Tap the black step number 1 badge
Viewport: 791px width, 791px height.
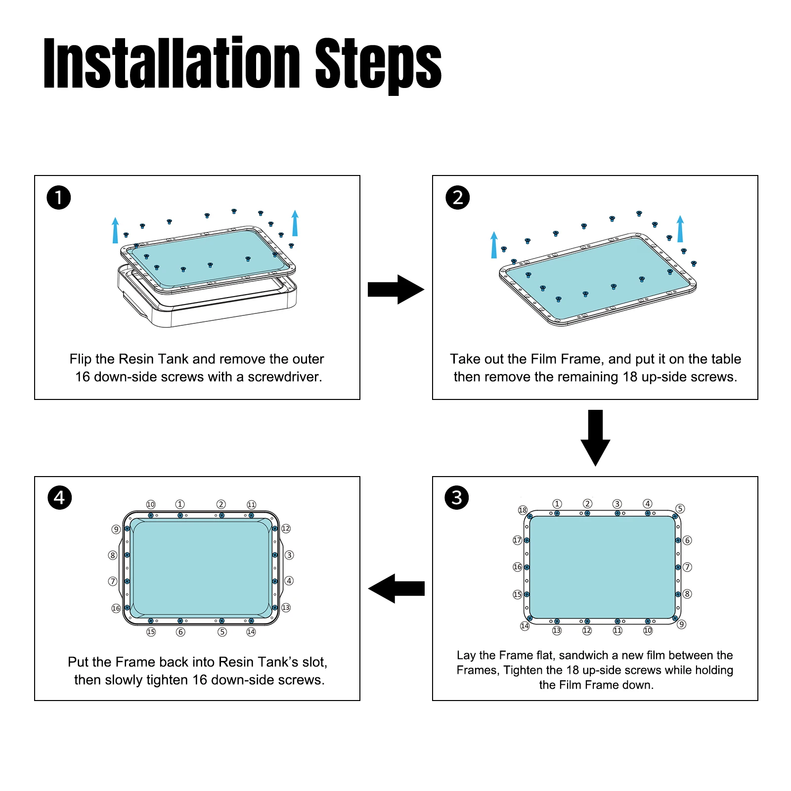click(59, 198)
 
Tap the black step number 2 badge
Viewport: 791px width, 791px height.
click(457, 198)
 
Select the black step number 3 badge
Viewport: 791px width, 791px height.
click(457, 497)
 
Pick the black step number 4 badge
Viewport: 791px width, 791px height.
click(59, 497)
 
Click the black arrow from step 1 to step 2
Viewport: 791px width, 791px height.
click(396, 289)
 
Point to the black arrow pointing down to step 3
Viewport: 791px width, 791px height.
click(595, 438)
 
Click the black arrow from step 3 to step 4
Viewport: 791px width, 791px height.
click(396, 588)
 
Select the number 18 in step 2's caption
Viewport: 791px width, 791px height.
click(630, 377)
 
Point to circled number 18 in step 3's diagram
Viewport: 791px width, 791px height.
click(523, 510)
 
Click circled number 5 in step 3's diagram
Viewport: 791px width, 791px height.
click(680, 509)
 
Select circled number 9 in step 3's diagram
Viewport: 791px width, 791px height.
click(682, 624)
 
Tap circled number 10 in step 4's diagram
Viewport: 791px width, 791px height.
click(151, 504)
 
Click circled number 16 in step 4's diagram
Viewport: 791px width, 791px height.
click(116, 608)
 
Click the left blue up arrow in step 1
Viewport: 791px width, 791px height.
click(115, 230)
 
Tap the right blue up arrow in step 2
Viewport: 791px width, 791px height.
click(680, 228)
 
